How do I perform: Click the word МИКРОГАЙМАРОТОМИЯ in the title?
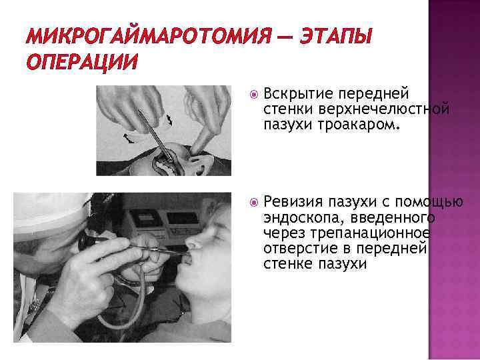(x=149, y=36)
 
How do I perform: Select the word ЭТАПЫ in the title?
(x=336, y=36)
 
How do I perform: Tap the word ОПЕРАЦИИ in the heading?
(x=82, y=63)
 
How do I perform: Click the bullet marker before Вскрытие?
(x=254, y=95)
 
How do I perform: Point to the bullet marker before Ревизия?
(x=254, y=203)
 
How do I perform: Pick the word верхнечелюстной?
(x=384, y=109)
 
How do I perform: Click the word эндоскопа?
(x=304, y=217)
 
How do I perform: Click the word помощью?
(x=429, y=202)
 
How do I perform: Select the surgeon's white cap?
(x=51, y=214)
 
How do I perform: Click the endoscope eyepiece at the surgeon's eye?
(x=84, y=241)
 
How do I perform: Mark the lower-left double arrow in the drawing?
(x=129, y=139)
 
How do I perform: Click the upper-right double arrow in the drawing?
(x=169, y=119)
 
